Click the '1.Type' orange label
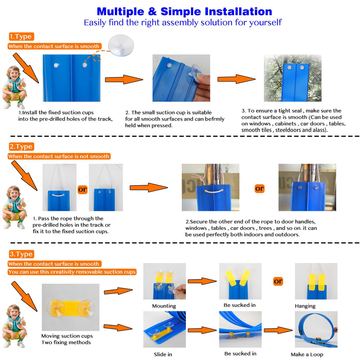tap(21, 37)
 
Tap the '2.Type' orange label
tap(21, 147)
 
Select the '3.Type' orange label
tap(21, 254)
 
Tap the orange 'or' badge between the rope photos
tap(82, 189)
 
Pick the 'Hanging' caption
tap(305, 306)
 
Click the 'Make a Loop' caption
tap(307, 354)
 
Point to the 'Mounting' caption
tap(164, 306)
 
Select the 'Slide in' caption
tap(163, 354)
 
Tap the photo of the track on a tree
tap(292, 78)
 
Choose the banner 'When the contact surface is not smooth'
tap(59, 156)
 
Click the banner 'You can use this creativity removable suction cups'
tap(72, 272)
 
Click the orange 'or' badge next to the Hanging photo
tap(278, 281)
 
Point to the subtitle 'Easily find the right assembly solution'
tap(182, 22)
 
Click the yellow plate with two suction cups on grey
tap(71, 307)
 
